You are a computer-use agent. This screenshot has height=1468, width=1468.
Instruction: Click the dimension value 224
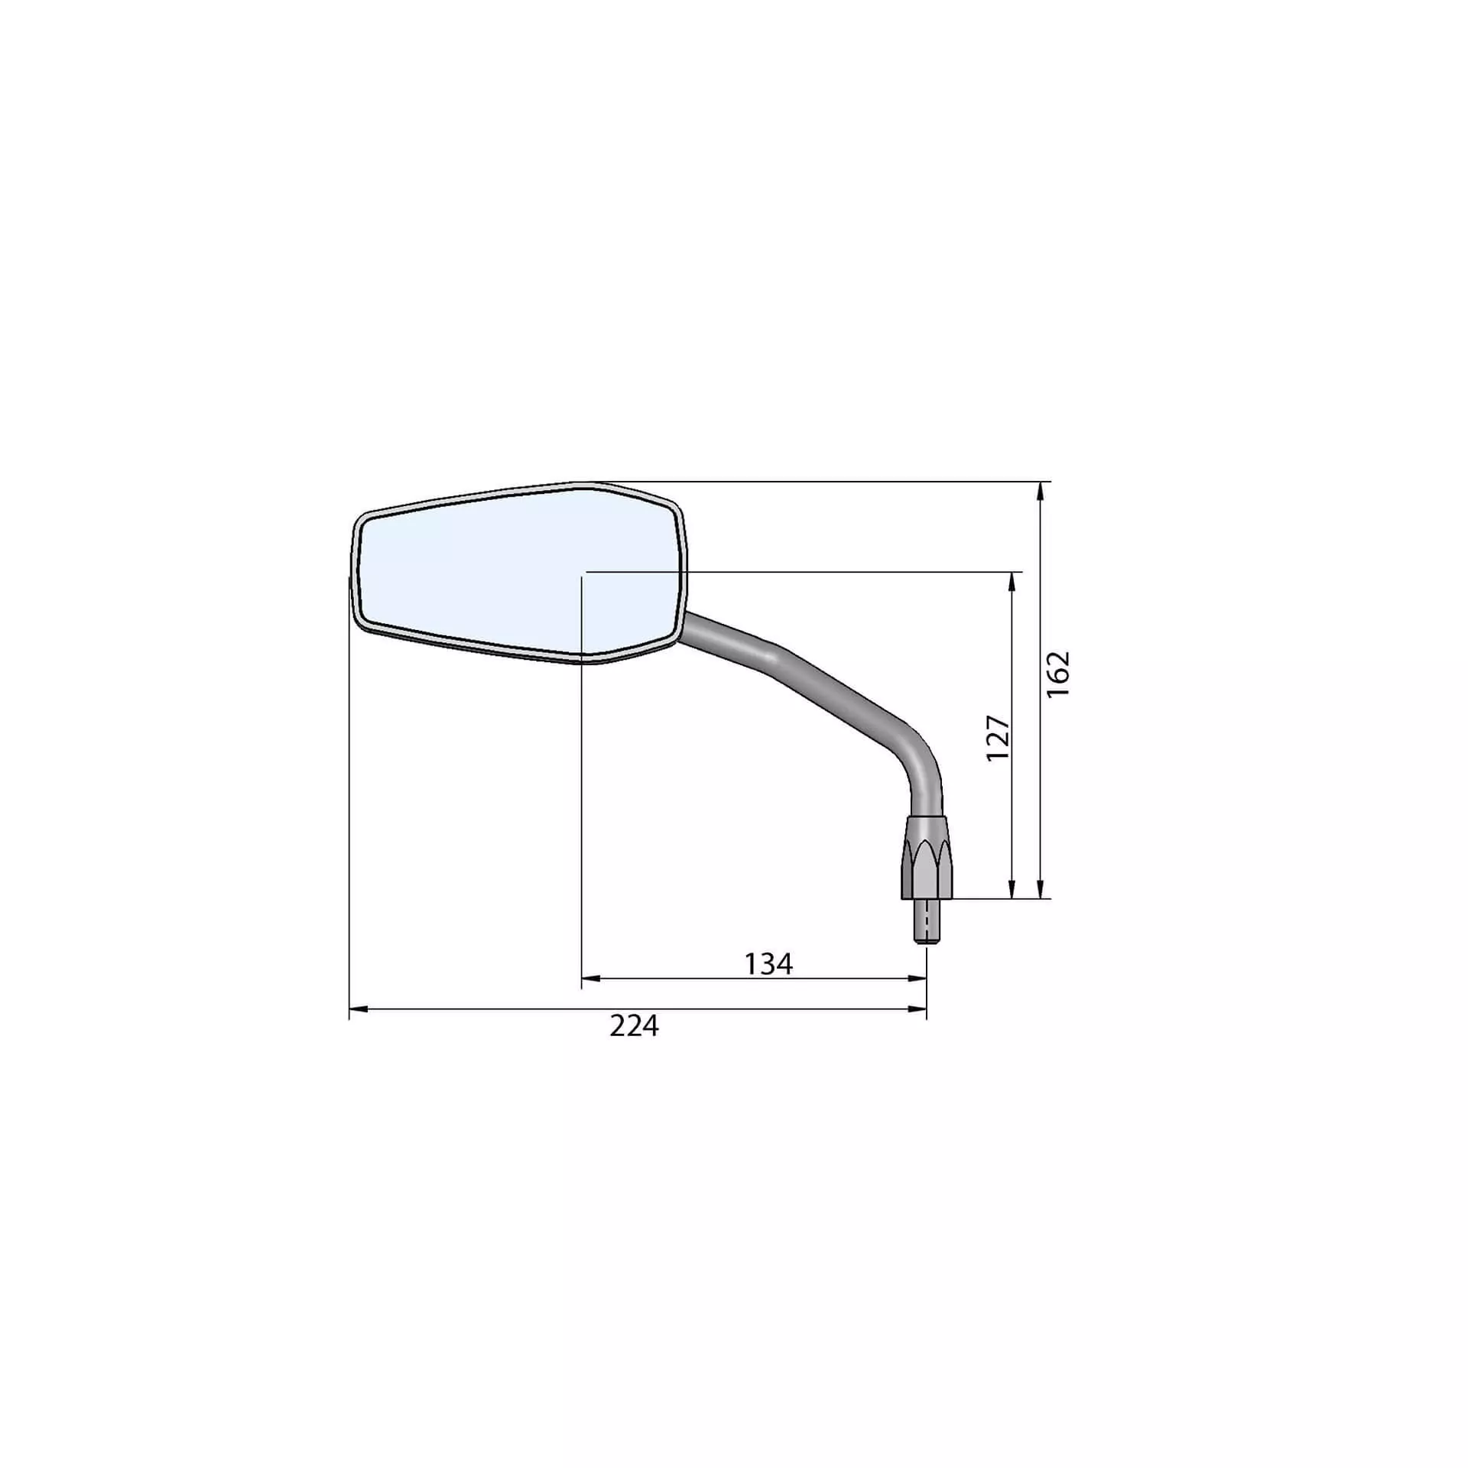click(x=634, y=1026)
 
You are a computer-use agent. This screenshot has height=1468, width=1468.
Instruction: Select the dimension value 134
click(x=768, y=965)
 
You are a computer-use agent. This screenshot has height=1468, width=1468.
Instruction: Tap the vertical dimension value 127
click(x=998, y=738)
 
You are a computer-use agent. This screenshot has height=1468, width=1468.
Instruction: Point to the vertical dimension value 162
click(x=1058, y=674)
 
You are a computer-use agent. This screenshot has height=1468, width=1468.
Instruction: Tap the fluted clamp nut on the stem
click(x=927, y=856)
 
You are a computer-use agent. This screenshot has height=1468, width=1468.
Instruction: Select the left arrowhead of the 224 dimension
click(x=359, y=1009)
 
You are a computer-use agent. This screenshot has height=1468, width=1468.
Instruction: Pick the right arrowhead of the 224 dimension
click(x=917, y=1009)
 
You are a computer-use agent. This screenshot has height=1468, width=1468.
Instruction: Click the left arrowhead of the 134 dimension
click(x=592, y=978)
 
